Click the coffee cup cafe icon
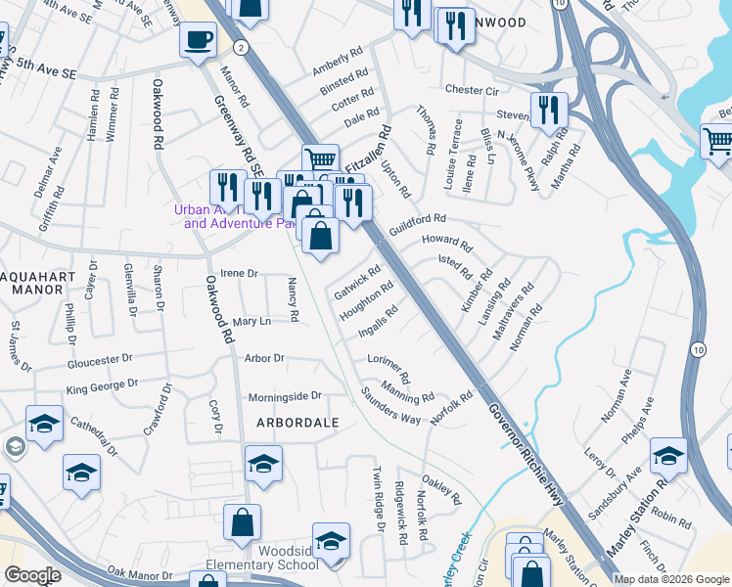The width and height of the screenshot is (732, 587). pyautogui.click(x=198, y=40)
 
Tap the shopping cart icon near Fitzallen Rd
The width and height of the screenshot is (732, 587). pyautogui.click(x=320, y=158)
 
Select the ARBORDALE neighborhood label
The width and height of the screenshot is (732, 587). pyautogui.click(x=297, y=423)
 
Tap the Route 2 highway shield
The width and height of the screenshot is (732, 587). pyautogui.click(x=240, y=46)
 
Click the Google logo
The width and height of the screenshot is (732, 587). pyautogui.click(x=33, y=575)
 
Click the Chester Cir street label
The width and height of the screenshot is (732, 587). pyautogui.click(x=472, y=89)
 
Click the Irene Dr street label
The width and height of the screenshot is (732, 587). pyautogui.click(x=239, y=274)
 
